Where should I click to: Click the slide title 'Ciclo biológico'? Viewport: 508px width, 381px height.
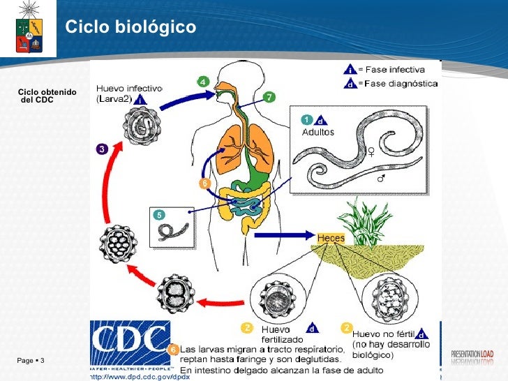click(130, 27)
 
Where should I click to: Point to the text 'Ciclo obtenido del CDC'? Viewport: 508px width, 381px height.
click(47, 96)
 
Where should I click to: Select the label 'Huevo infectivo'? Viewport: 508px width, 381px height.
click(128, 89)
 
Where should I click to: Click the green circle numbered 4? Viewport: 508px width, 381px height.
click(203, 82)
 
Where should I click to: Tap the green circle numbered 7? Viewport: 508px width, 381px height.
click(269, 96)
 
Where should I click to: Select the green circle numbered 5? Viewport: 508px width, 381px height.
click(159, 216)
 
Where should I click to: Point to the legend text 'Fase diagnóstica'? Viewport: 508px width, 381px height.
click(401, 84)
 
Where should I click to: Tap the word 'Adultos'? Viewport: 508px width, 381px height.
click(317, 132)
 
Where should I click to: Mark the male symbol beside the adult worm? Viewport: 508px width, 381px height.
click(382, 179)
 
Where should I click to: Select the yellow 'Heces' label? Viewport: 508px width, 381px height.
click(331, 238)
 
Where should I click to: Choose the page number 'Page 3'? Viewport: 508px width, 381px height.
click(31, 360)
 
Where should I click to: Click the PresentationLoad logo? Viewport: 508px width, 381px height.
click(472, 356)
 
